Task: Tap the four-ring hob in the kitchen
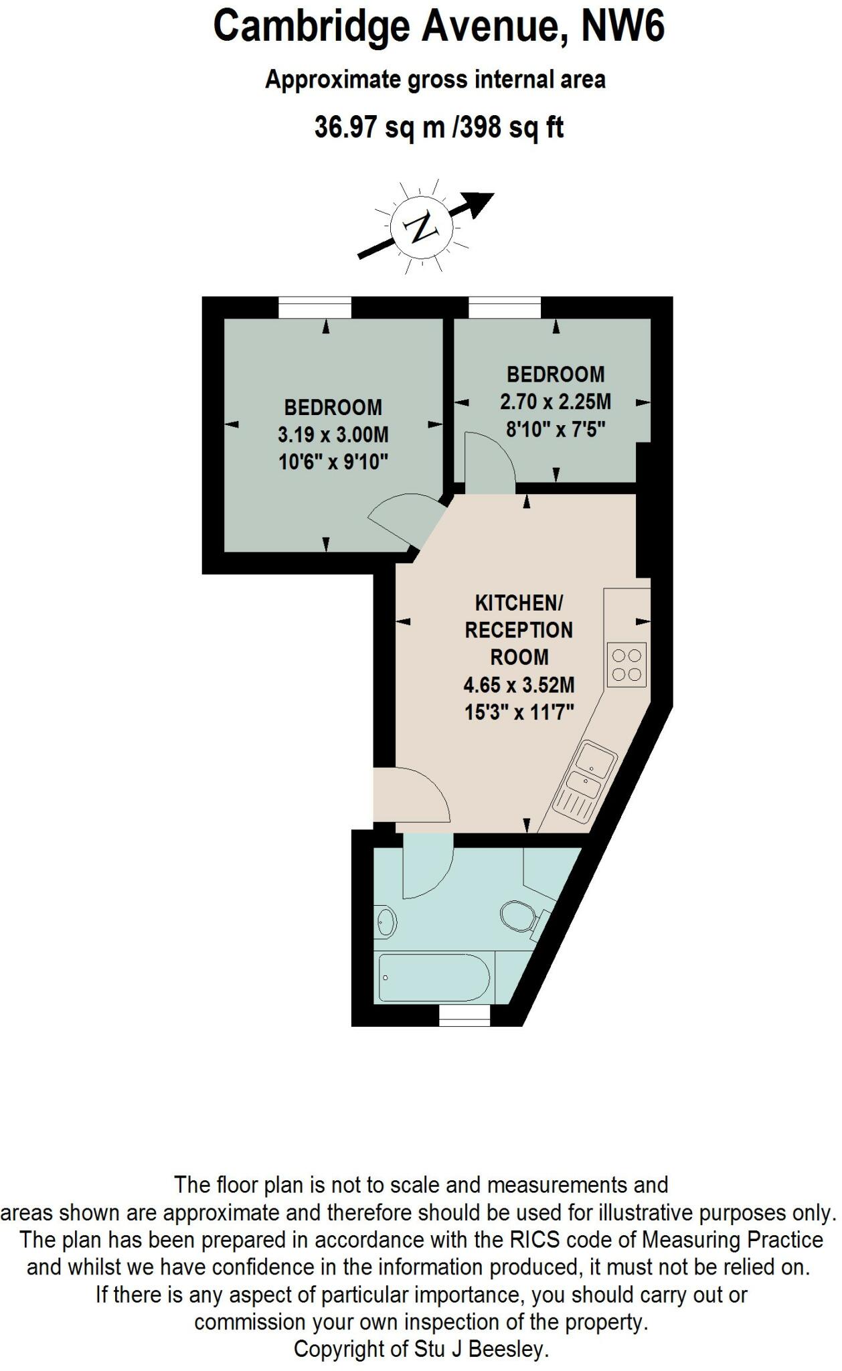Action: (627, 665)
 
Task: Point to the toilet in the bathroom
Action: (519, 915)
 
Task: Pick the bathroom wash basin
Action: (386, 922)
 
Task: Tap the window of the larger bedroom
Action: (315, 308)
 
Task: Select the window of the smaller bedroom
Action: (504, 308)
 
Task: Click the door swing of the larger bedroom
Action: (406, 521)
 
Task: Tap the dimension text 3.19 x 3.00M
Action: (333, 435)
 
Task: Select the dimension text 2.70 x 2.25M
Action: (555, 402)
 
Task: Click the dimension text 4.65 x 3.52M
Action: (519, 685)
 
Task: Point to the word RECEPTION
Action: (519, 631)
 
